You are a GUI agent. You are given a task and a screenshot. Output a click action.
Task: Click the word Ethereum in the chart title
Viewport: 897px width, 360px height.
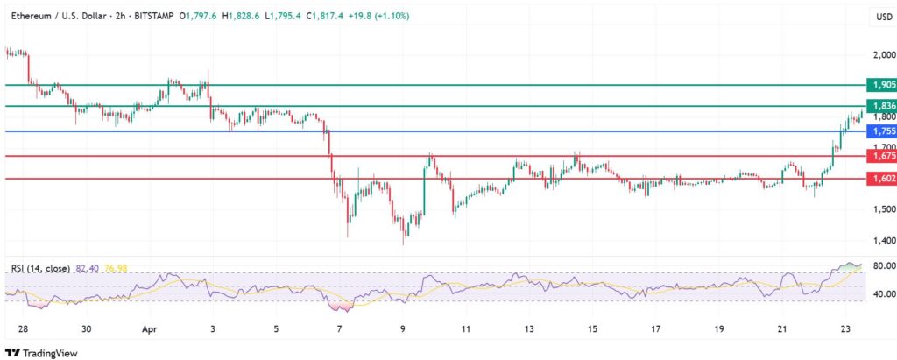coord(31,16)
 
